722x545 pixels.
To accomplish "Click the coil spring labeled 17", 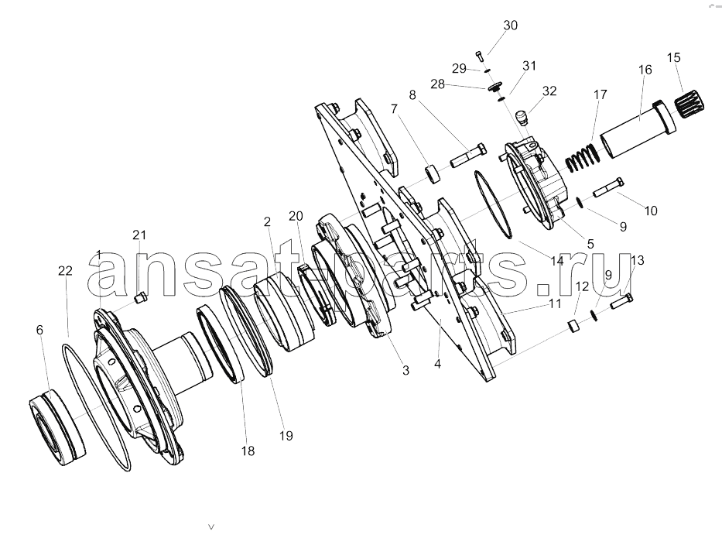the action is tap(583, 158).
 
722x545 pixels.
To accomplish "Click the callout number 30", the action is tap(510, 26).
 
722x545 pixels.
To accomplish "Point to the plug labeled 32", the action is tap(522, 118).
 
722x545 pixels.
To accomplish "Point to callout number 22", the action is tap(65, 270).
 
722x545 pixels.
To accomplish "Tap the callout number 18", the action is tap(248, 451).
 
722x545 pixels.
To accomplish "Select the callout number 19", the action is tap(286, 435).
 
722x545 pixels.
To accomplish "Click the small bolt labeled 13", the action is tap(621, 301).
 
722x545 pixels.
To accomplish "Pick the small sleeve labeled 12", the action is tap(573, 325).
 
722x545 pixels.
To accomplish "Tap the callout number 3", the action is tap(405, 370).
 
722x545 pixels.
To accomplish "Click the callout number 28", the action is tap(437, 84).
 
